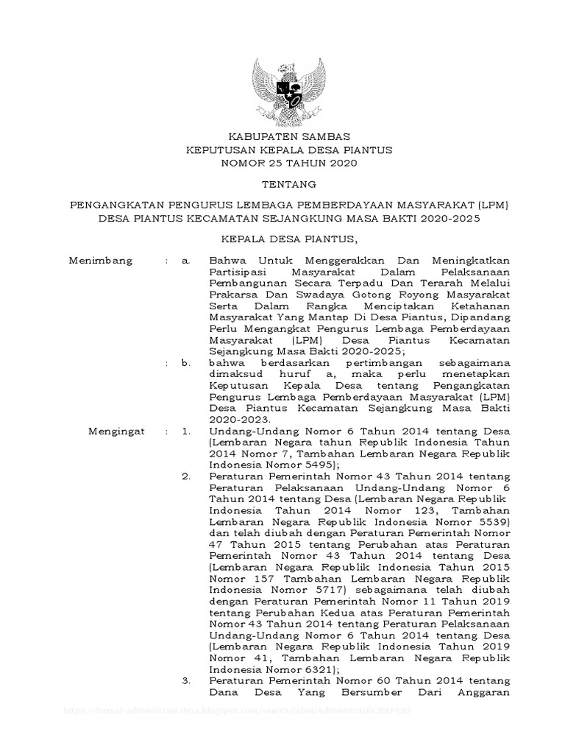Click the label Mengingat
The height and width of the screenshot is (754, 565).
[x=116, y=430]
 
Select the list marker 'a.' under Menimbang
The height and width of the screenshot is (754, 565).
[x=187, y=261]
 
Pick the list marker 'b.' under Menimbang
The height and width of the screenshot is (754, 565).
[x=187, y=362]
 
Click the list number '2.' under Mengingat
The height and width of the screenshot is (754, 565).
[x=187, y=477]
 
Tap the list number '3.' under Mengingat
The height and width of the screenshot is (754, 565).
[x=187, y=682]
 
